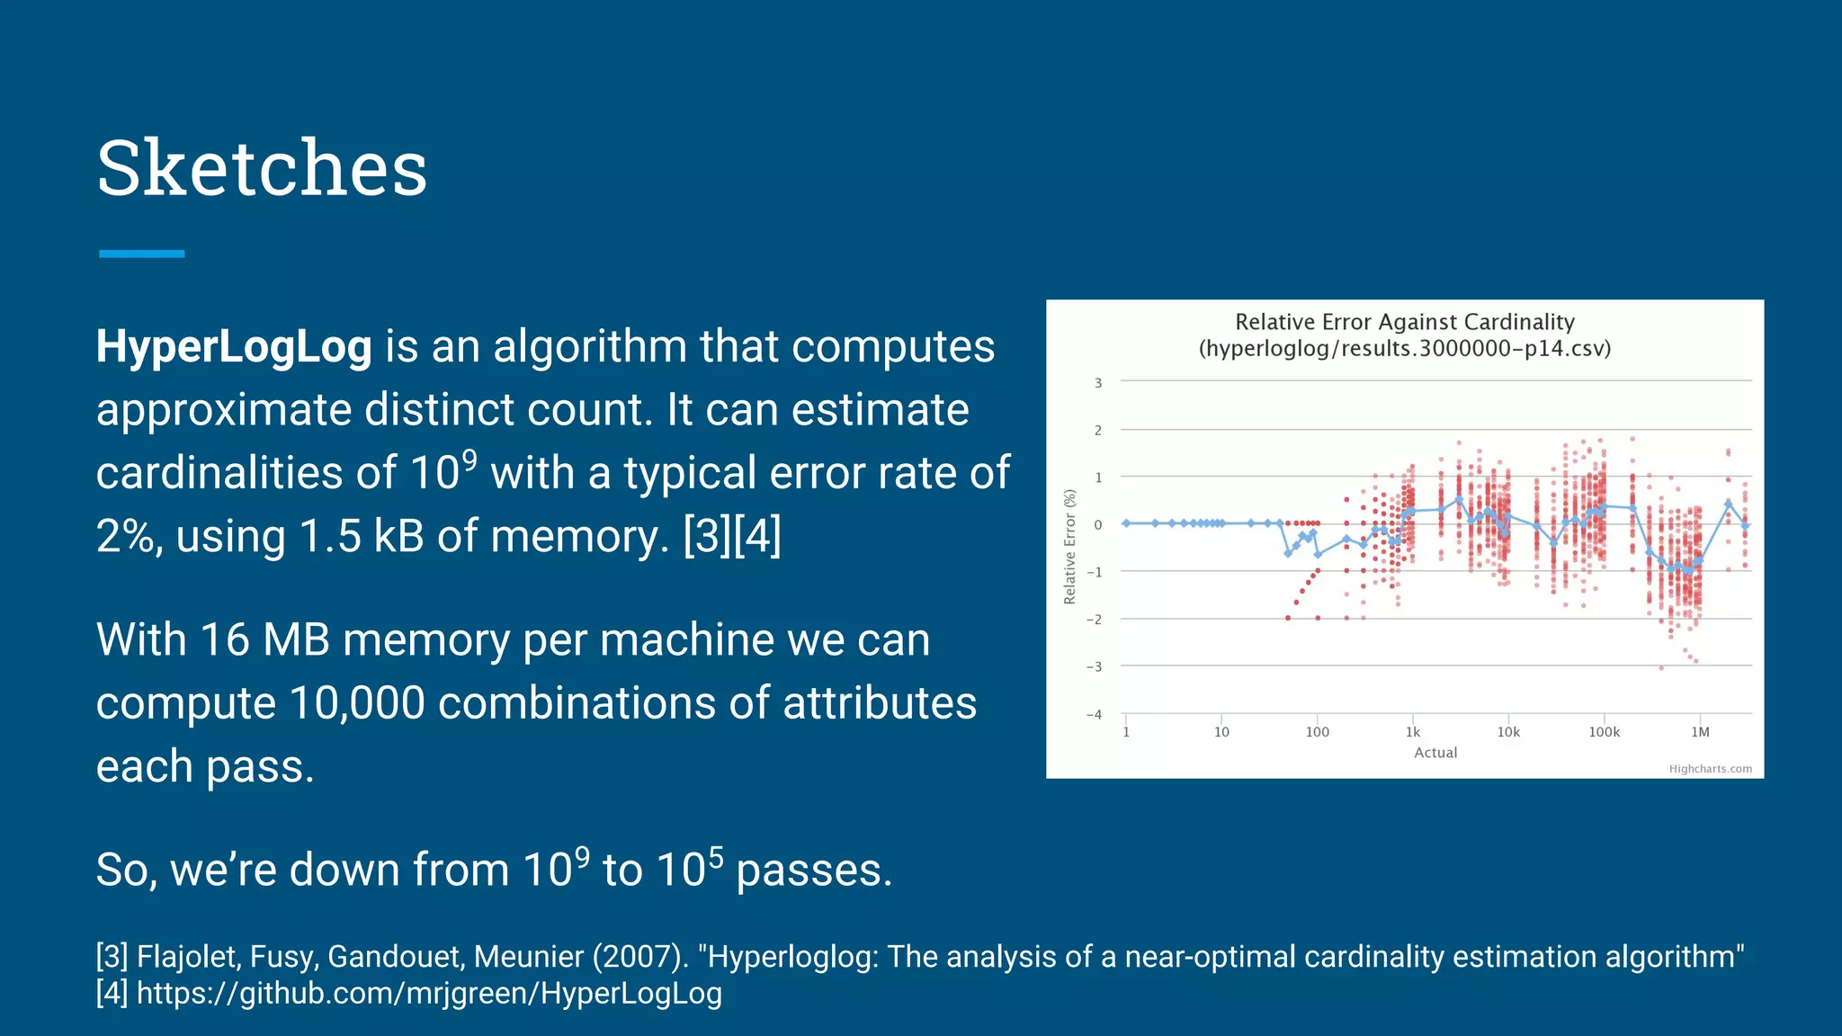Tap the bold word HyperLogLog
234,347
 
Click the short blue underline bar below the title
142,254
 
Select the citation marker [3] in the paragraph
707,536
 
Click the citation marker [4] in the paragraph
757,536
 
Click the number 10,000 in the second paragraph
356,703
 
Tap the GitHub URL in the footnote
429,994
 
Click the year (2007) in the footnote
640,957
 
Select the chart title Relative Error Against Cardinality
1404,322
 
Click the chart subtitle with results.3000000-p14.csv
1404,348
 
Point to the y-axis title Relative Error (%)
1069,547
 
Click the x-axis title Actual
1435,753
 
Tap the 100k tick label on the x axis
1604,732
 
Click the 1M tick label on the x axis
1700,732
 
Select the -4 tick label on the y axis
1095,715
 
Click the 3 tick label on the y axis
1098,383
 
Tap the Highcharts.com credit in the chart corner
1710,769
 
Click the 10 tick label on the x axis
1221,732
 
